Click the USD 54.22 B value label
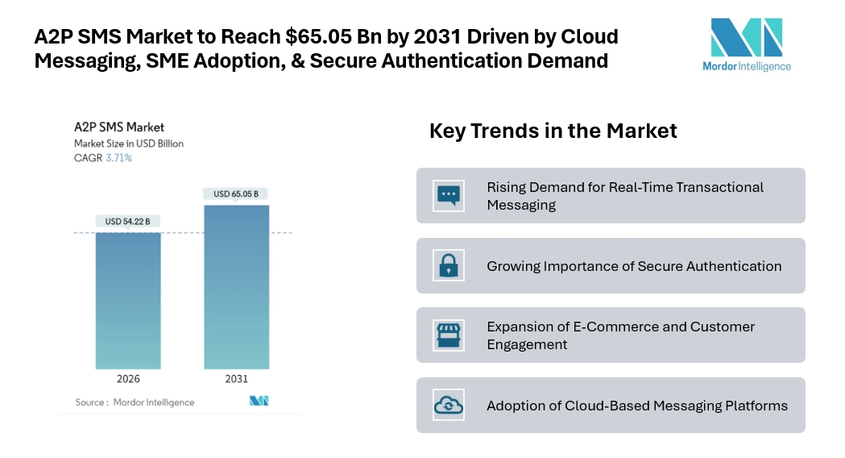(x=128, y=221)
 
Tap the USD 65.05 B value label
(x=237, y=194)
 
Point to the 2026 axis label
(x=128, y=378)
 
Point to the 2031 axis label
(x=237, y=378)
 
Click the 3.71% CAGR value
(x=119, y=158)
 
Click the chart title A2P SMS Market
(x=119, y=127)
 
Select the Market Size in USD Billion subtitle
(x=129, y=144)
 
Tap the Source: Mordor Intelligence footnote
(x=135, y=402)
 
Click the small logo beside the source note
(x=259, y=401)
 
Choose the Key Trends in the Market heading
(x=553, y=131)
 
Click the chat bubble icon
(x=447, y=195)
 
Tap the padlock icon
(x=447, y=265)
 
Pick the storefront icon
(x=447, y=335)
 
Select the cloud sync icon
(x=447, y=405)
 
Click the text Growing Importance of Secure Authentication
(x=634, y=266)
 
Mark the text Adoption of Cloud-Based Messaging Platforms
(x=637, y=406)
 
